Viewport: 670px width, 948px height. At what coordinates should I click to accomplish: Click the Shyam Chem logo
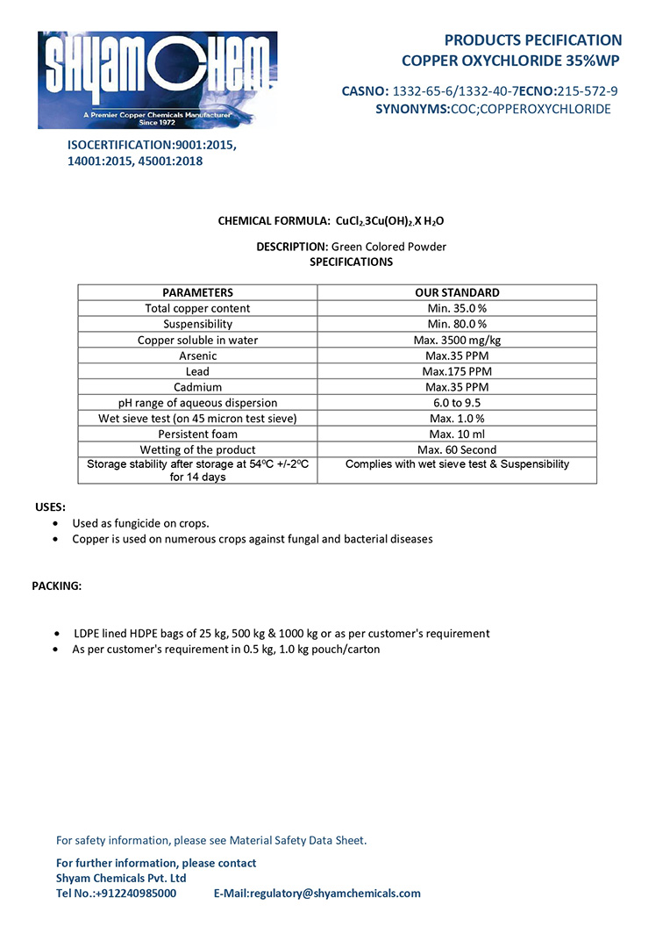[158, 80]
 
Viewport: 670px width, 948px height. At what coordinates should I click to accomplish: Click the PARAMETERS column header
[197, 292]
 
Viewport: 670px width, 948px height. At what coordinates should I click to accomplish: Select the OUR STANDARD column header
[457, 292]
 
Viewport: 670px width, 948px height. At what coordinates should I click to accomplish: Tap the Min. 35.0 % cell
[457, 308]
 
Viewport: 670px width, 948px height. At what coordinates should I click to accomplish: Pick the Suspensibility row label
[197, 324]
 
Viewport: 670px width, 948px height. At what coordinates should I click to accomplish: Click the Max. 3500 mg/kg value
[457, 340]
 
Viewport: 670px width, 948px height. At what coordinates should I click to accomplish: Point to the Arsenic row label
[197, 355]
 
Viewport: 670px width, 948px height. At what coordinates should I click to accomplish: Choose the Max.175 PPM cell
[457, 371]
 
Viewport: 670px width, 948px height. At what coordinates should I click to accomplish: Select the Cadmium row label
[197, 387]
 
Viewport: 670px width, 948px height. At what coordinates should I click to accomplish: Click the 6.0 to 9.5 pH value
[457, 403]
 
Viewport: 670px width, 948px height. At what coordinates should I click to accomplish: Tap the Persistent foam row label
[197, 434]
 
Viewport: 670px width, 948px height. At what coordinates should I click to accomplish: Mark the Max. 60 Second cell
[457, 450]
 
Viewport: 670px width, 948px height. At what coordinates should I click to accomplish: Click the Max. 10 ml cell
[457, 434]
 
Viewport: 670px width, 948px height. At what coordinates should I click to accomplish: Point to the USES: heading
[50, 507]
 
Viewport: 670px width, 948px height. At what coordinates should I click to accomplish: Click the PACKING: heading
[57, 585]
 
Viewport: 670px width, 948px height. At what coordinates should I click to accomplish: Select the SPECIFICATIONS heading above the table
[351, 262]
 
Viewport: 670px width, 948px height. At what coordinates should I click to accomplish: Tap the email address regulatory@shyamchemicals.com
[335, 894]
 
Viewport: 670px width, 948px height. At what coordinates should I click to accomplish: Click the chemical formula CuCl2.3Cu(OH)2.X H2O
[396, 221]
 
